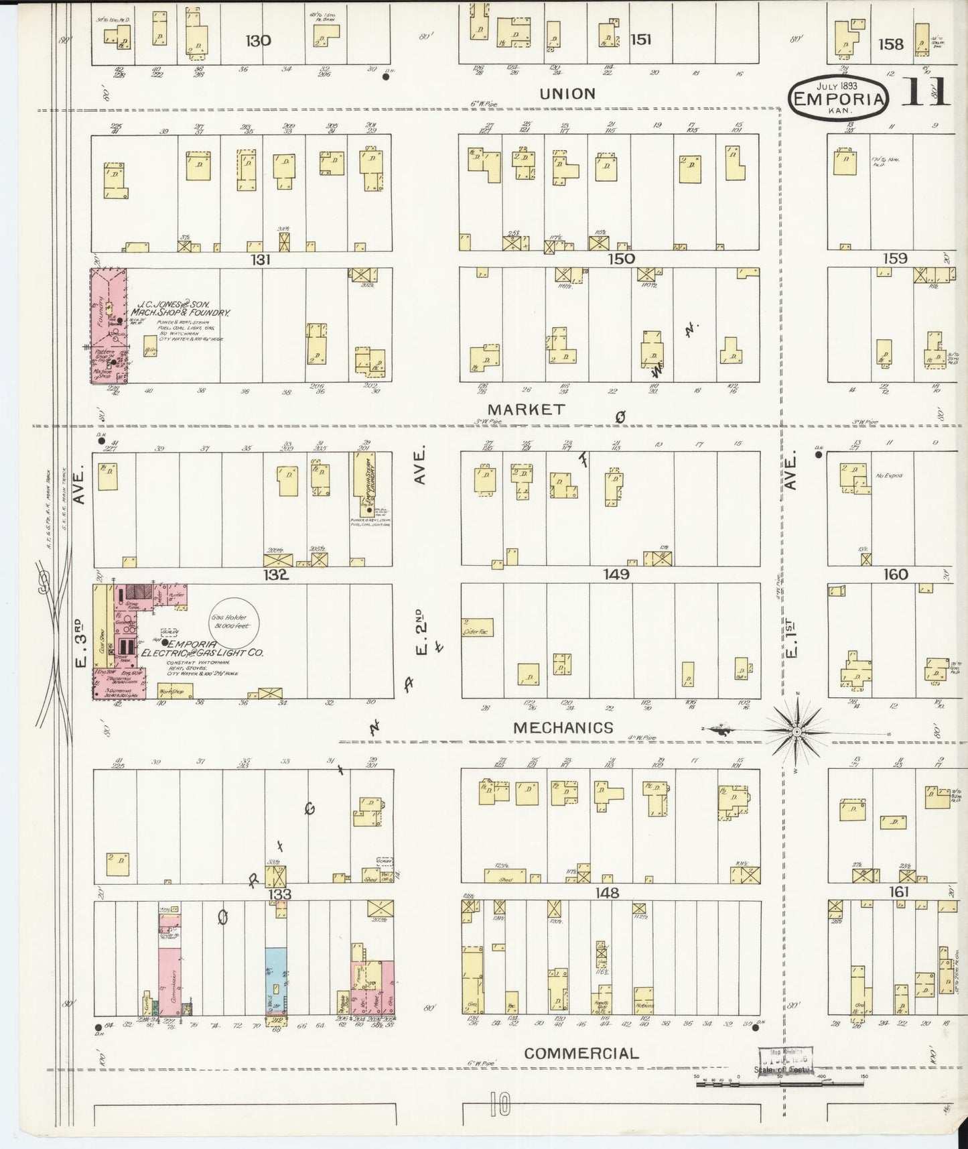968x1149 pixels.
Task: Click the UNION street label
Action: (x=567, y=94)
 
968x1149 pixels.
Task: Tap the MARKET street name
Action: (x=526, y=409)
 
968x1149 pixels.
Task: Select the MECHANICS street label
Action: (x=563, y=727)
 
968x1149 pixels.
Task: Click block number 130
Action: (x=258, y=41)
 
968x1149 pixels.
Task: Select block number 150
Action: (x=620, y=259)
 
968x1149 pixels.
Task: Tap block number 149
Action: (x=616, y=574)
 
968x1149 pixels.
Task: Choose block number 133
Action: (x=276, y=894)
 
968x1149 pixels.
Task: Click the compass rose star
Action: (x=796, y=732)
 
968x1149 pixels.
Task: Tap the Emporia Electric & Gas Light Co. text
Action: (x=201, y=648)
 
